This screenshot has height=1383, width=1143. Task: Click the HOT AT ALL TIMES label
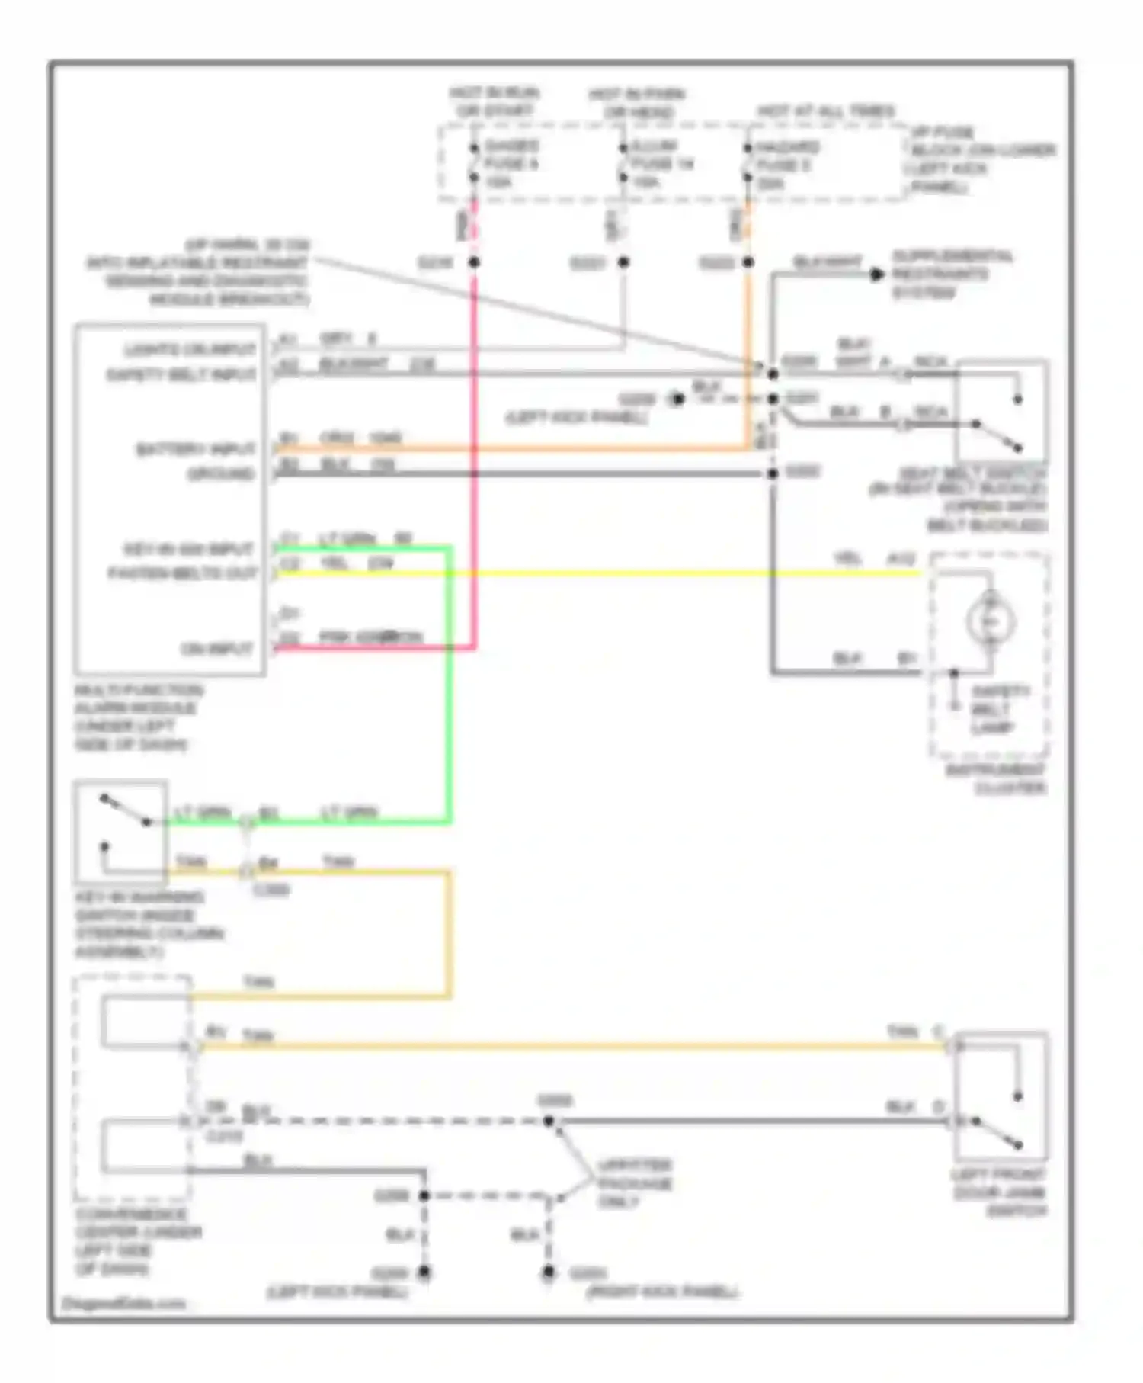point(826,111)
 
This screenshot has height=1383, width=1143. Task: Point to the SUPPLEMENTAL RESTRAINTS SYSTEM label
point(952,274)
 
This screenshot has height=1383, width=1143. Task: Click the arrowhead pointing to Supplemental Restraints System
point(877,274)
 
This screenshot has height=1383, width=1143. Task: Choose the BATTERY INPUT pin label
point(196,449)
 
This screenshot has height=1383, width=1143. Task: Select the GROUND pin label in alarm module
point(221,474)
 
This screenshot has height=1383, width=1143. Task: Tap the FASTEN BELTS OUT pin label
point(182,573)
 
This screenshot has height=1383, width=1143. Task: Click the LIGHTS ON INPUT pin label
point(190,350)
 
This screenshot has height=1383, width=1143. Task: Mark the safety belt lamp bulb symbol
point(991,621)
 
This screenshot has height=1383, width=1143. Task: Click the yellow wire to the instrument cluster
point(610,573)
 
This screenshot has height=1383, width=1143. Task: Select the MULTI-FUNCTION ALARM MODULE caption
point(137,717)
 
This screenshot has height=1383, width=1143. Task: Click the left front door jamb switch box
point(1001,1096)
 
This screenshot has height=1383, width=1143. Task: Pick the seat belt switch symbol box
point(1001,411)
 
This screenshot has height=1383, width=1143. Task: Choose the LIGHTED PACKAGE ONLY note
point(634,1183)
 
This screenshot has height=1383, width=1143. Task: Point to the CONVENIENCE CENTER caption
point(137,1241)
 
